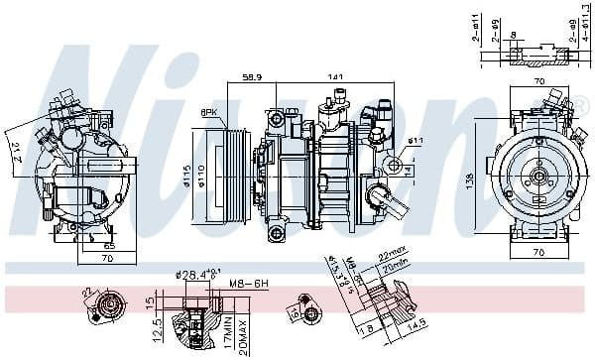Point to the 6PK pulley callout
(209, 112)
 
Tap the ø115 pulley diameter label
(185, 175)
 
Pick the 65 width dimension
(109, 243)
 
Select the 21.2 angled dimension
(18, 155)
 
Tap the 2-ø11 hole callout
(476, 28)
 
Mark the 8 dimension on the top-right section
(512, 36)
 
